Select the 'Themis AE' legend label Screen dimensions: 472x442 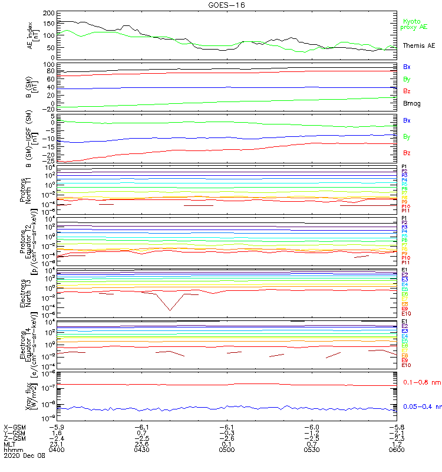point(418,45)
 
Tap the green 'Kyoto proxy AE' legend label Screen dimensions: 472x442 point(414,24)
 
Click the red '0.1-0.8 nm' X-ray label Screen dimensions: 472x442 point(421,383)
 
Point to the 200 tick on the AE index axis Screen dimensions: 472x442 point(50,13)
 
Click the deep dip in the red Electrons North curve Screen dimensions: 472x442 point(170,310)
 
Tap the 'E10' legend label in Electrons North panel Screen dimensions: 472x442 point(406,314)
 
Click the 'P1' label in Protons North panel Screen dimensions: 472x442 point(404,167)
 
